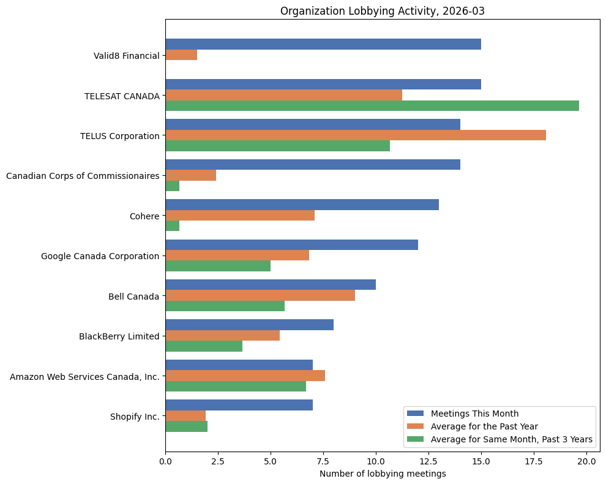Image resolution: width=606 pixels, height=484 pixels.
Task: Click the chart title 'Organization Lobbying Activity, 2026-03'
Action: [383, 11]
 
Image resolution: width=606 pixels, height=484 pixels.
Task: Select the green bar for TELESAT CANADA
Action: [372, 106]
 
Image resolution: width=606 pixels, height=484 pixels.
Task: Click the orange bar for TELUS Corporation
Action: [355, 135]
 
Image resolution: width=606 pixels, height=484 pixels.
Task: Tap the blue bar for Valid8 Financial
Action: [323, 44]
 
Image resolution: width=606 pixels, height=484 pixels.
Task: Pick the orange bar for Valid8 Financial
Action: [181, 55]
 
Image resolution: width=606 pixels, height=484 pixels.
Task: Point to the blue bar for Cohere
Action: [302, 205]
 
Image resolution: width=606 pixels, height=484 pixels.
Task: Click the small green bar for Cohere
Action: [172, 226]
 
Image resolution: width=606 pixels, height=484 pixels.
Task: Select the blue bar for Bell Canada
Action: [270, 285]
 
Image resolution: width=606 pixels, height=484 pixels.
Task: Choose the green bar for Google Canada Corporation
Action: [218, 266]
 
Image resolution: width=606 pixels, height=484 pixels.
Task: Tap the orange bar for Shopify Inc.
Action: [185, 416]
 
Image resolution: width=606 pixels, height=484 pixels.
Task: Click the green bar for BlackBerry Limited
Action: [204, 346]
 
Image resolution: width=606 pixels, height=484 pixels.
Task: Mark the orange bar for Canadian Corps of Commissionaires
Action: [190, 176]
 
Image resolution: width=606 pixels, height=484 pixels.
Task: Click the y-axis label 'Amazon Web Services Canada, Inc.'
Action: [84, 376]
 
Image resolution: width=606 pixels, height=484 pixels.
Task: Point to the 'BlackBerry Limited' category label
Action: [119, 336]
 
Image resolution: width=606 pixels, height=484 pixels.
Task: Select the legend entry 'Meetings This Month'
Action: [474, 413]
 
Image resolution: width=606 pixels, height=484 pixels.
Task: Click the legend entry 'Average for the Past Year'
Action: [484, 426]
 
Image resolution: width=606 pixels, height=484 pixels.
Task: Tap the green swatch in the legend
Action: [416, 439]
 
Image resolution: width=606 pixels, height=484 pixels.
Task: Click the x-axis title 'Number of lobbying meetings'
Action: [383, 474]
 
